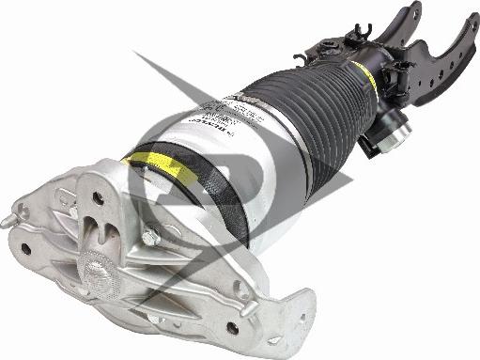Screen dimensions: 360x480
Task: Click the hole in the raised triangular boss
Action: [98, 199]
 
